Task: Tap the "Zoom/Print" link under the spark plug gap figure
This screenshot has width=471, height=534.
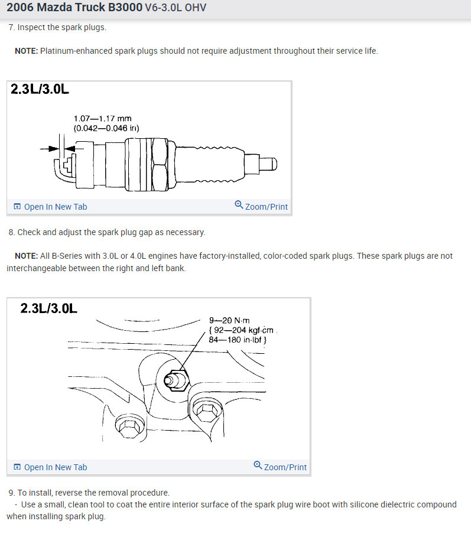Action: click(x=261, y=206)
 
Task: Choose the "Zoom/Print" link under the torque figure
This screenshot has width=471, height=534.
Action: click(x=280, y=467)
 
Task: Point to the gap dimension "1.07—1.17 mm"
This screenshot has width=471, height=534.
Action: click(x=102, y=119)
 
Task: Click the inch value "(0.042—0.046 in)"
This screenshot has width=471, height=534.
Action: click(x=106, y=128)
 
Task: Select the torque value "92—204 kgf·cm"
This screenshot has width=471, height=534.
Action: click(x=243, y=330)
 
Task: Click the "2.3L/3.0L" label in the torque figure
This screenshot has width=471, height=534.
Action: click(x=48, y=308)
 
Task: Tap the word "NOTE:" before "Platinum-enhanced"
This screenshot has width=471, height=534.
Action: click(x=26, y=51)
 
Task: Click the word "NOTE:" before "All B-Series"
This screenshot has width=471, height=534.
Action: click(x=26, y=256)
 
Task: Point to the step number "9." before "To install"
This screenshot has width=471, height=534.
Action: click(x=12, y=493)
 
